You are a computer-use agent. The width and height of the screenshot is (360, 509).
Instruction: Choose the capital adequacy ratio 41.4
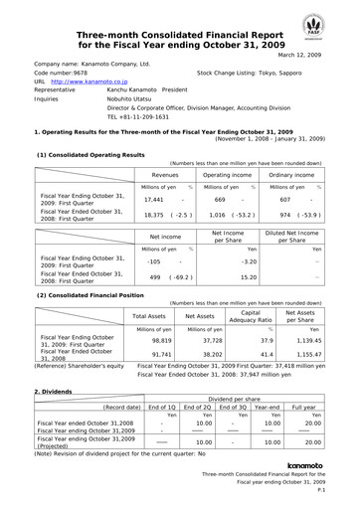click(266, 353)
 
